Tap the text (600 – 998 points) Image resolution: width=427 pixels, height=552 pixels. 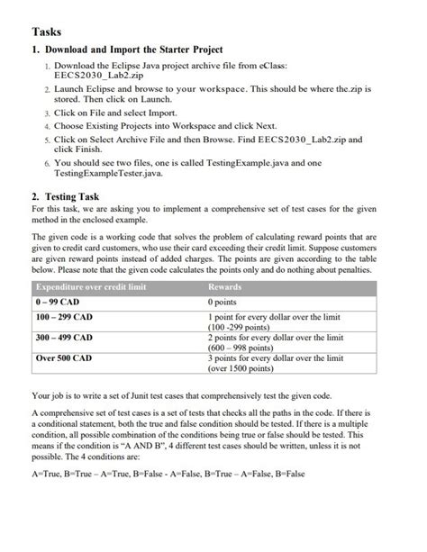click(x=246, y=347)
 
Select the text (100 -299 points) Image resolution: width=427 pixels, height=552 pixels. click(x=246, y=327)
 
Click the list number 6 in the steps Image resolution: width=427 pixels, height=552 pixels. click(x=45, y=163)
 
